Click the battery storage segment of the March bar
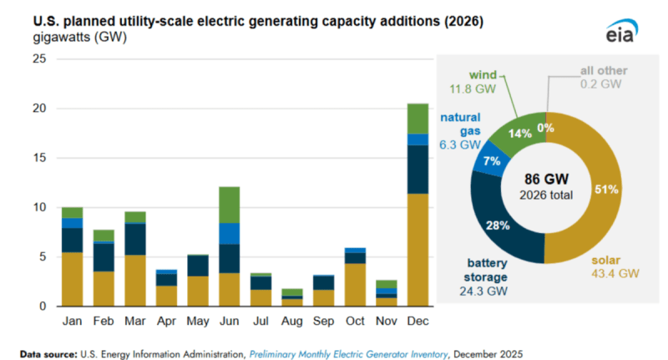pos(135,239)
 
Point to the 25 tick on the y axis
pos(39,58)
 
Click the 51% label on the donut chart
pos(605,189)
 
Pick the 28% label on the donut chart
pos(498,224)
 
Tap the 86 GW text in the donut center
pos(546,180)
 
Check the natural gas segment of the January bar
pos(72,223)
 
